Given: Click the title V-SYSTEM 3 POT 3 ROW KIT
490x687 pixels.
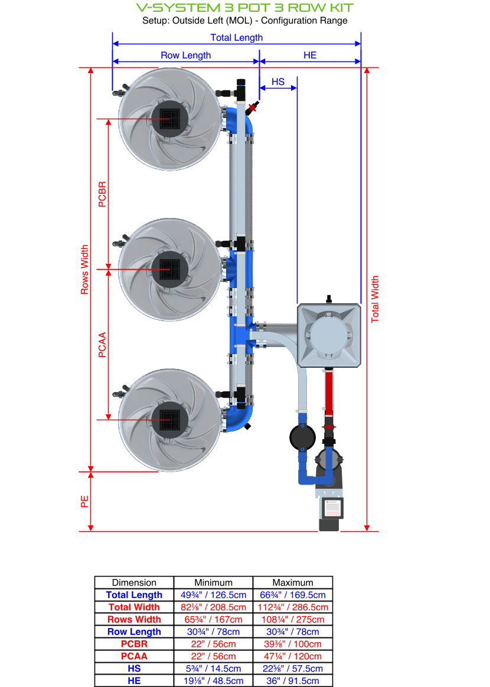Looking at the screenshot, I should pyautogui.click(x=245, y=8).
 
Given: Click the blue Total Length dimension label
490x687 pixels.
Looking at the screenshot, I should pyautogui.click(x=236, y=37).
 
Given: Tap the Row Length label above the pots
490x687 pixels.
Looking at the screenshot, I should pyautogui.click(x=185, y=55).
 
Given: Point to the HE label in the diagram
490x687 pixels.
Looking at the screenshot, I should pyautogui.click(x=310, y=55).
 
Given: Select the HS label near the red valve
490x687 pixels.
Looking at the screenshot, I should pyautogui.click(x=277, y=81).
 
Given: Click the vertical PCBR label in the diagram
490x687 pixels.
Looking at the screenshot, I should pyautogui.click(x=102, y=194).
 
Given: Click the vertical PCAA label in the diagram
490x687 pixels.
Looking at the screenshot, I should pyautogui.click(x=102, y=345).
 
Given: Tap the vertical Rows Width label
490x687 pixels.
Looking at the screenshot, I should pyautogui.click(x=84, y=270).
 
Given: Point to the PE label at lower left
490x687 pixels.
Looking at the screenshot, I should pyautogui.click(x=84, y=501).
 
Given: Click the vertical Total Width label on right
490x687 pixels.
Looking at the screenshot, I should pyautogui.click(x=375, y=299).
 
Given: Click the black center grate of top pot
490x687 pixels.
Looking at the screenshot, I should pyautogui.click(x=169, y=119).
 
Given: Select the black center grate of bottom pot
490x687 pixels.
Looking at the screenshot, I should pyautogui.click(x=169, y=420).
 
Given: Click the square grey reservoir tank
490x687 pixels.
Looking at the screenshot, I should pyautogui.click(x=329, y=336).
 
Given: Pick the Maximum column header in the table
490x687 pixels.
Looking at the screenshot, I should pyautogui.click(x=293, y=583).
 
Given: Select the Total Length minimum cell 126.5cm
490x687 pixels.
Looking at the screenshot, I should pyautogui.click(x=214, y=595).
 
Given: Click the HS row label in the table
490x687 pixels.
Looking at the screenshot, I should pyautogui.click(x=134, y=669).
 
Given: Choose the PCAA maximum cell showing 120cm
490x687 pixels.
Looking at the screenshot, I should pyautogui.click(x=293, y=656).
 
